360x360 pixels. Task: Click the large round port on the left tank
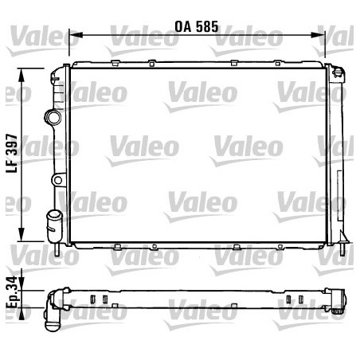[x=53, y=118]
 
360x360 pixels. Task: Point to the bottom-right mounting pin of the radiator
[x=341, y=248]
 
